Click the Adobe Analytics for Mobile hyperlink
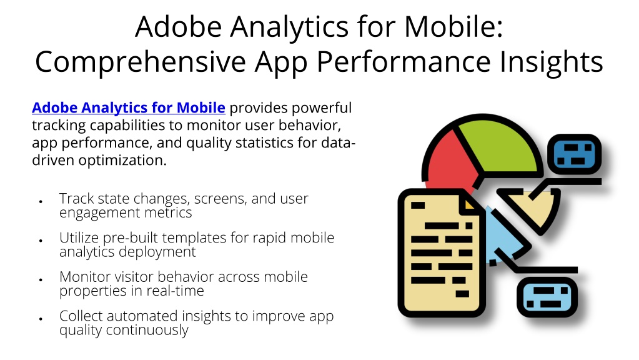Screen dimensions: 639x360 click(x=129, y=107)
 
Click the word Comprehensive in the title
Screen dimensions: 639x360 click(x=141, y=62)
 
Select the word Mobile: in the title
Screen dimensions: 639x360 click(x=453, y=26)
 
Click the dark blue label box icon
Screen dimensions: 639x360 click(x=574, y=154)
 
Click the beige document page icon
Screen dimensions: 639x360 click(x=440, y=252)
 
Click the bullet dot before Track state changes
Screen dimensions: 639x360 click(x=41, y=201)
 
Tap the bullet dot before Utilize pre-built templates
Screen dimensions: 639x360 click(x=41, y=241)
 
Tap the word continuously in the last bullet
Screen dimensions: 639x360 click(x=147, y=330)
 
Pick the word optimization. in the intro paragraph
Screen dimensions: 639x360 click(x=122, y=161)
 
